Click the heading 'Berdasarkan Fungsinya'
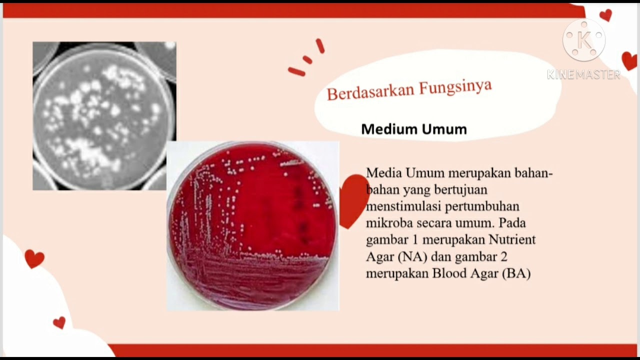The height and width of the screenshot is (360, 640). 409,89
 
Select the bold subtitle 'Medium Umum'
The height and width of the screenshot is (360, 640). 414,129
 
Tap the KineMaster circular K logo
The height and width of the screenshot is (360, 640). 583,40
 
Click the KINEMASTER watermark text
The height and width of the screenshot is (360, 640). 583,75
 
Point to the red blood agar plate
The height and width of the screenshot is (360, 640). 252,225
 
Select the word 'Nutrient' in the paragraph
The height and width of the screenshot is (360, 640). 512,239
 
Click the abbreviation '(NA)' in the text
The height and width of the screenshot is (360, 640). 413,256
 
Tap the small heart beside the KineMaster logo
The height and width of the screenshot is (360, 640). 605,15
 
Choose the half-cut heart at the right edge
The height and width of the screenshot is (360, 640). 630,60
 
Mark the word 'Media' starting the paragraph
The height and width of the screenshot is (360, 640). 383,173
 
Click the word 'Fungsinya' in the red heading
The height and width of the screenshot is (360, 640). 455,87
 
